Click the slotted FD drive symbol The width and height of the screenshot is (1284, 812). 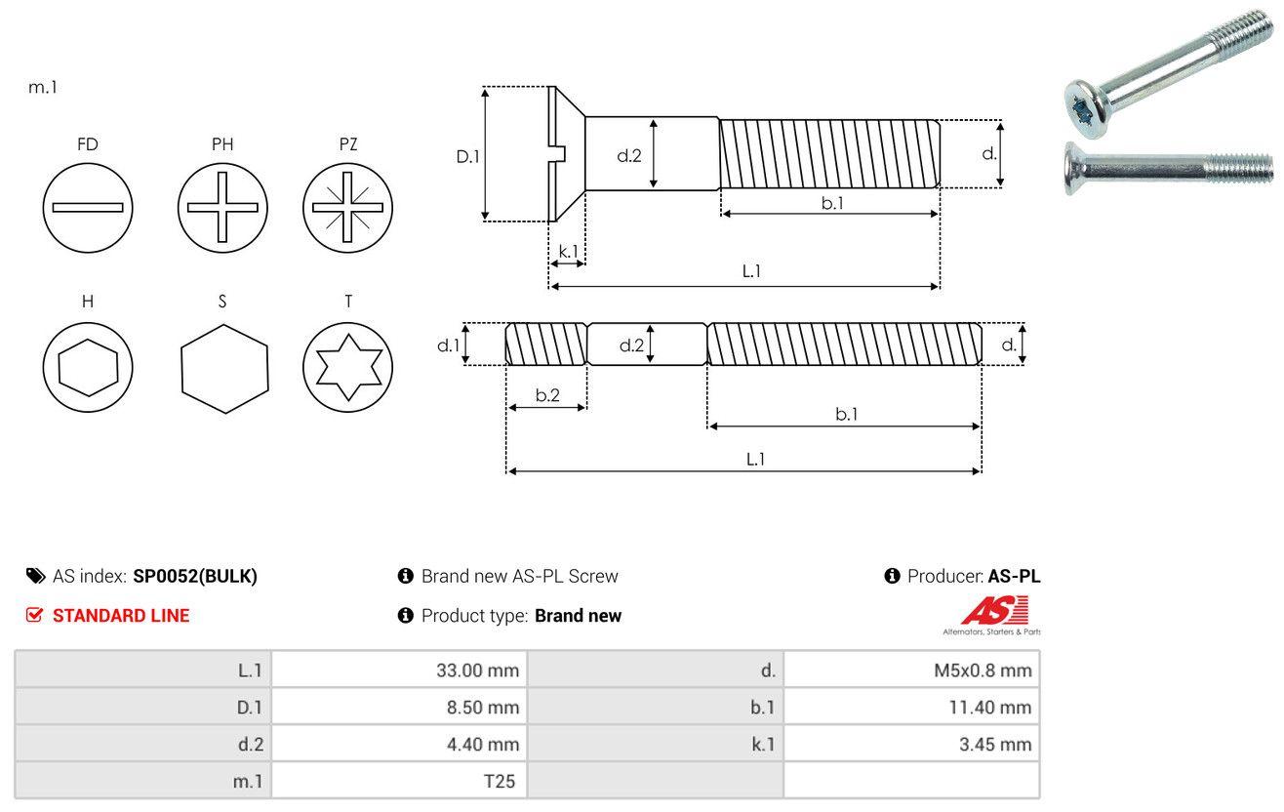pos(88,207)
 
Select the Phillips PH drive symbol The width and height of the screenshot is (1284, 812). pos(222,207)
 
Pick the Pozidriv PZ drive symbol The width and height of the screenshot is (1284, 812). pos(347,207)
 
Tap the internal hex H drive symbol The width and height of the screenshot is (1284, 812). pos(88,367)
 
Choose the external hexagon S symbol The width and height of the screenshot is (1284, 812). pos(224,367)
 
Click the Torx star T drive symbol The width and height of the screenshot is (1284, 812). pos(347,367)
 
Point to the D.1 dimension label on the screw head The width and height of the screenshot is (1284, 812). pos(468,155)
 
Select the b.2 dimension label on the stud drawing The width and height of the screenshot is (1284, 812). pos(547,395)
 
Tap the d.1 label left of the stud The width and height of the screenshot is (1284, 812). pos(447,345)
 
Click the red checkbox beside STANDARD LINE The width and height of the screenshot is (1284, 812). pos(34,615)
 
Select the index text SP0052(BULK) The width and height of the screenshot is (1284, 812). pos(195,576)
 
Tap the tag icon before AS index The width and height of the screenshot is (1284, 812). pos(35,576)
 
